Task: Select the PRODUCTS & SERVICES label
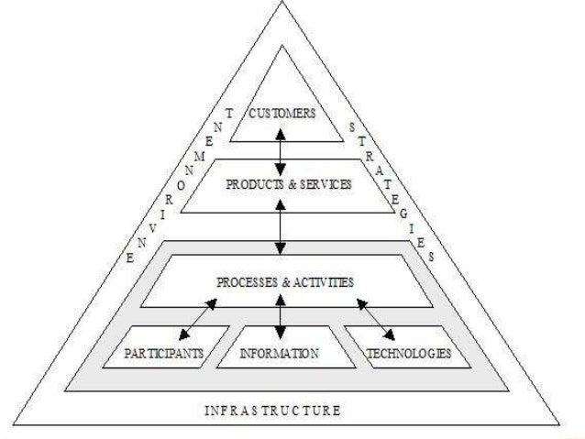289,184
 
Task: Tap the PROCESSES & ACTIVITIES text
284,282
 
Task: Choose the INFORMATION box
279,352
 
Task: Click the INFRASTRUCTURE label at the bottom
272,411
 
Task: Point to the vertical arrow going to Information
280,321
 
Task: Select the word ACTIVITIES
322,282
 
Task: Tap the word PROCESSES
245,282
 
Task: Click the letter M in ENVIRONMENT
200,158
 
